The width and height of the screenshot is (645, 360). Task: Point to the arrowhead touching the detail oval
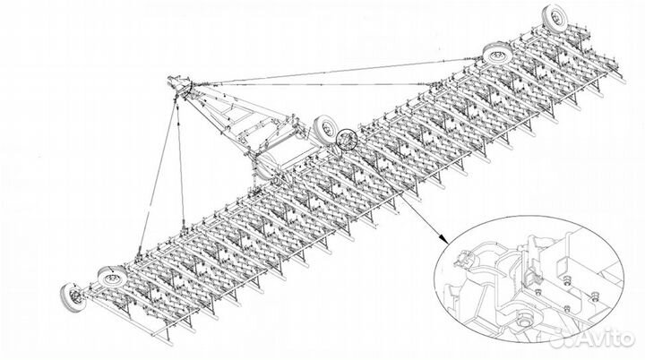pos(443,238)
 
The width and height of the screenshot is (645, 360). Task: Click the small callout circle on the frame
pos(347,140)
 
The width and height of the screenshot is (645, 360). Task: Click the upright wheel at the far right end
pos(556,19)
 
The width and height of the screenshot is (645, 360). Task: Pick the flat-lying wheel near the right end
pos(499,54)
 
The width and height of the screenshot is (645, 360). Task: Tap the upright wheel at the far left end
pos(73,297)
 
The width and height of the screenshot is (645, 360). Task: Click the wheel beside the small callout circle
pos(325,128)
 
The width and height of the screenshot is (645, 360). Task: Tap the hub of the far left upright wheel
pos(73,296)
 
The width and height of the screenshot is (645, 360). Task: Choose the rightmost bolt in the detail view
pos(594,296)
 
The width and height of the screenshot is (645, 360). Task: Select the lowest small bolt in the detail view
pos(567,308)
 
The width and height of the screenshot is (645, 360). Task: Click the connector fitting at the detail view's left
pos(464,260)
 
